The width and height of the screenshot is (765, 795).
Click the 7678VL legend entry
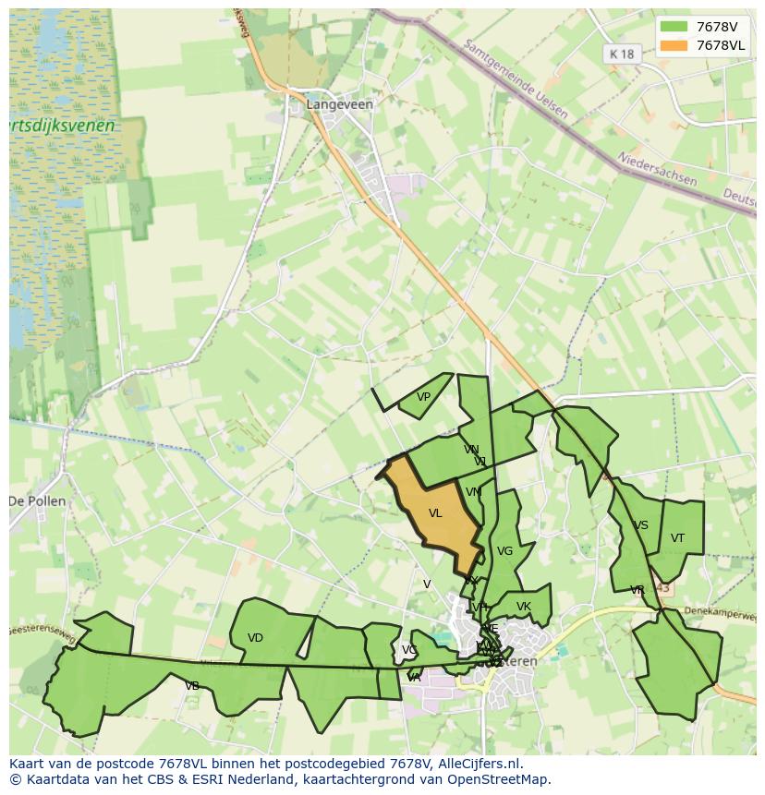[703, 45]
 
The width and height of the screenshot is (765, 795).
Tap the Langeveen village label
[340, 104]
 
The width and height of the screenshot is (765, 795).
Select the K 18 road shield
[622, 54]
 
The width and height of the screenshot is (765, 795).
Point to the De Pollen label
[37, 501]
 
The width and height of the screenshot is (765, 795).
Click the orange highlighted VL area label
[435, 513]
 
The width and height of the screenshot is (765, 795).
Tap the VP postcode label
[423, 398]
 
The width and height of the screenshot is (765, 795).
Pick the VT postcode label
[677, 538]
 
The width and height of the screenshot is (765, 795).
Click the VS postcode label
[640, 525]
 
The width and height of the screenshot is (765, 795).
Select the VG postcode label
[504, 551]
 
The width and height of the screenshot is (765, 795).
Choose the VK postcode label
[524, 607]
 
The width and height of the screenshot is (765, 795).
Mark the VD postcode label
[255, 638]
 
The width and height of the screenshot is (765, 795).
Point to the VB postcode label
[192, 686]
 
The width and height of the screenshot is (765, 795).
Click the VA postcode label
[414, 678]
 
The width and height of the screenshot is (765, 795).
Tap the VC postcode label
[408, 650]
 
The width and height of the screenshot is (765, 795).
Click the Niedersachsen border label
[657, 169]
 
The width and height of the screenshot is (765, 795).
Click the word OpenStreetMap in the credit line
[500, 779]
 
